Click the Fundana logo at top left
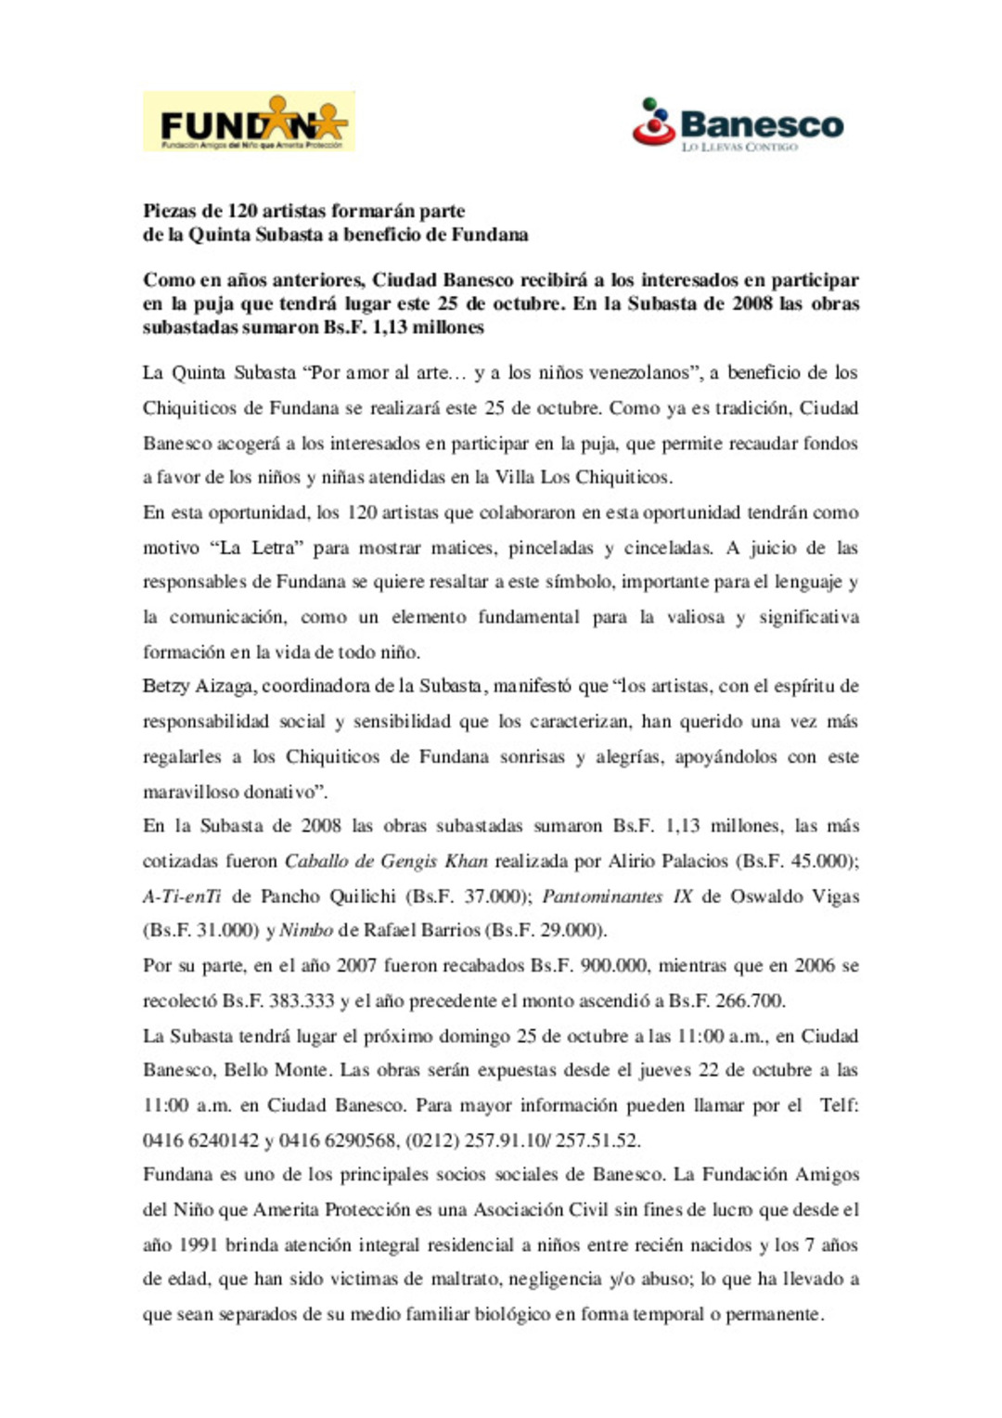coord(249,122)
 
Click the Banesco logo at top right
coord(739,123)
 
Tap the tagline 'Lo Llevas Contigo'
coord(739,147)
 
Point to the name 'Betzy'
coord(165,687)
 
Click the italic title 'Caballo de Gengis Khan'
coord(386,861)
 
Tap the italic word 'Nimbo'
coord(306,931)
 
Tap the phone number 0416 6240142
coord(200,1141)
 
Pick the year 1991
coord(198,1245)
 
